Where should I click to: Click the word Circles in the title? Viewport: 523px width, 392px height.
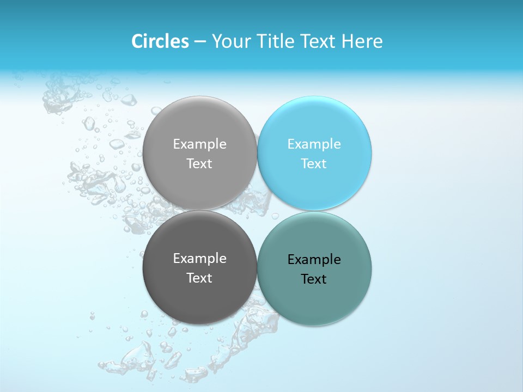[160, 41]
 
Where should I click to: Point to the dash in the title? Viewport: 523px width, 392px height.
[200, 42]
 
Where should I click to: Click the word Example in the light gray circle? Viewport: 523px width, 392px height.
[199, 144]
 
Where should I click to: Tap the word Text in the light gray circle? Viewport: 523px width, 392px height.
[199, 164]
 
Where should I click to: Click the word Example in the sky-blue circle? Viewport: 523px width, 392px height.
[314, 144]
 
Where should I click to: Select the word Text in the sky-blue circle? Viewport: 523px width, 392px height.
[314, 164]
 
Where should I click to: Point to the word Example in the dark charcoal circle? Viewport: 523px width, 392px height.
[199, 259]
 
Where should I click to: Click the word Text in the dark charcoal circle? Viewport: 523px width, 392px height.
[199, 278]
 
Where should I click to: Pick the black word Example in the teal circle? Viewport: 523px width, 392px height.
[314, 260]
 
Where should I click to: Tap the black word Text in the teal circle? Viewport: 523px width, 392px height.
[314, 279]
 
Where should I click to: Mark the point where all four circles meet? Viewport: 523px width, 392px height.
[257, 210]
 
